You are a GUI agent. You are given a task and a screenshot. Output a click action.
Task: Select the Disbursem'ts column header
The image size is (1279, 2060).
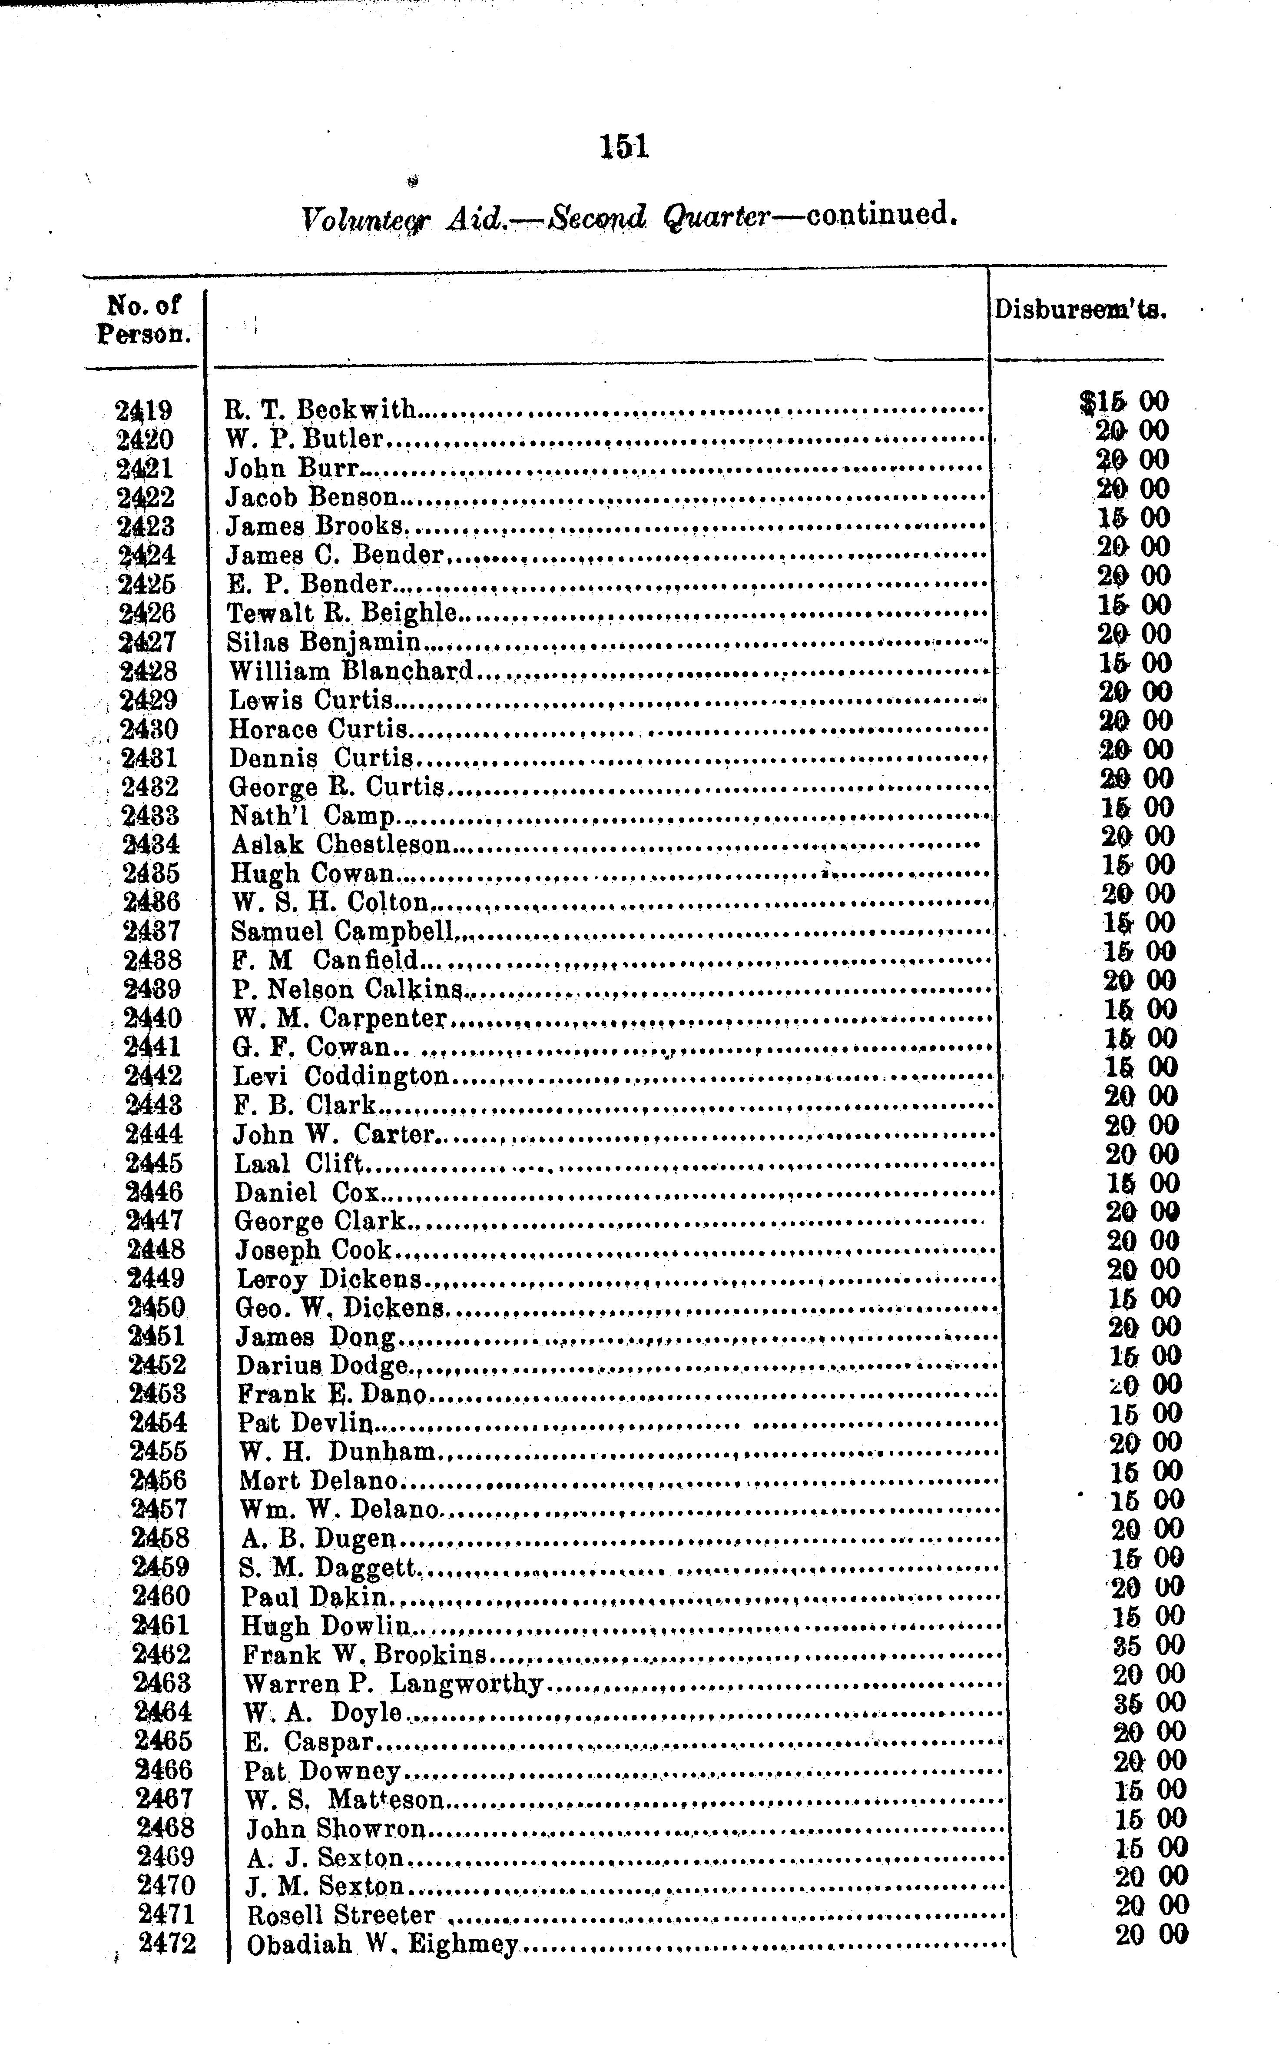[x=1079, y=309]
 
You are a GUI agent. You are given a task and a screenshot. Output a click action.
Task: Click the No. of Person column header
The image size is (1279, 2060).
[x=144, y=319]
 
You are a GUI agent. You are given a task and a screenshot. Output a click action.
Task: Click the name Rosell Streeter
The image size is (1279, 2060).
[x=341, y=1915]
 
